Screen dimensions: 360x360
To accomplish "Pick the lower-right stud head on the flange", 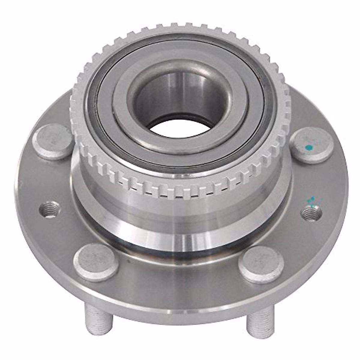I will tap(262, 261).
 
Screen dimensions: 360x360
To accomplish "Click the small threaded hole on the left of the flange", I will tap(49, 208).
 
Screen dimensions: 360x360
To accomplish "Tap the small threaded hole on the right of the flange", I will tap(311, 212).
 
